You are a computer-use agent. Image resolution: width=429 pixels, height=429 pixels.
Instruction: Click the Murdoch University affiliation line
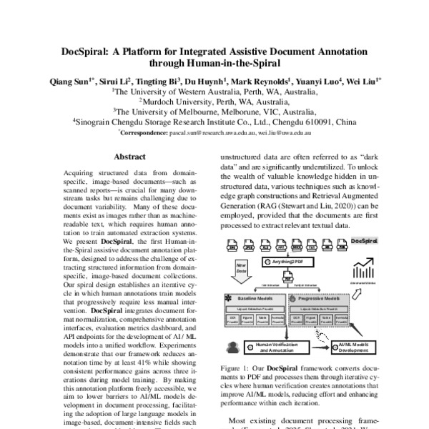pos(214,102)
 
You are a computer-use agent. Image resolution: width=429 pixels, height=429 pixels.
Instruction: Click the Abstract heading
pos(129,157)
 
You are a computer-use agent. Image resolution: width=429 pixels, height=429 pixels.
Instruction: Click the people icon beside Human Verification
pos(232,347)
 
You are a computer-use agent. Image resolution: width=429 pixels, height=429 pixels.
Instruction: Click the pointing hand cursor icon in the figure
pos(323,337)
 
